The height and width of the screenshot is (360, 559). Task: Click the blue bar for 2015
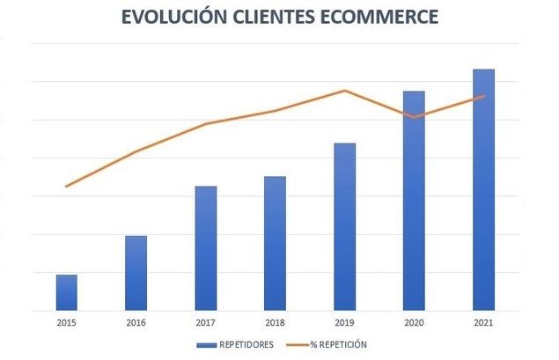pos(66,292)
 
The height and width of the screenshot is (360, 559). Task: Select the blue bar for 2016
pos(136,273)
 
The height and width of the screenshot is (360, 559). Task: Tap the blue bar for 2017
pos(205,248)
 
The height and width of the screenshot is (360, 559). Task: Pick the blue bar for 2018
pos(275,243)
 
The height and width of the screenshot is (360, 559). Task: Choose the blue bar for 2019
pos(345,226)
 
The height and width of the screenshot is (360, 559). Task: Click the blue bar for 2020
pos(414,201)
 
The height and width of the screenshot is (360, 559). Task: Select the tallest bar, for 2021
pos(483,189)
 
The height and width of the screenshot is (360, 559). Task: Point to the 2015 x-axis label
pos(66,324)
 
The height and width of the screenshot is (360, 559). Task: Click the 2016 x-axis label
pos(136,324)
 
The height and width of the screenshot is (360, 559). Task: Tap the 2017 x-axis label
pos(205,324)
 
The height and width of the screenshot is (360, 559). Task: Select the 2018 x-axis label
pos(275,324)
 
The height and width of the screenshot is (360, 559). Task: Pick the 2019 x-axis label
pos(345,324)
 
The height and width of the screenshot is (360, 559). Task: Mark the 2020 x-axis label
pos(414,324)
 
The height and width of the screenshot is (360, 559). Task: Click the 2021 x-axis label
pos(483,324)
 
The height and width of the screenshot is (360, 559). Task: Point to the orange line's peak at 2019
pos(345,91)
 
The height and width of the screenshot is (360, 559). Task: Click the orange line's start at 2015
pos(66,187)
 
